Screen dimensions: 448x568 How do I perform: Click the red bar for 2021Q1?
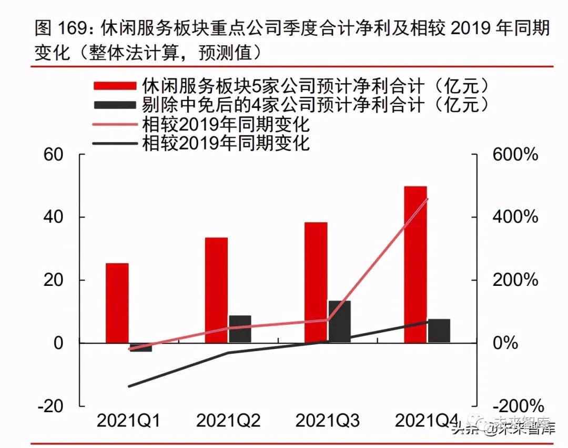(x=117, y=303)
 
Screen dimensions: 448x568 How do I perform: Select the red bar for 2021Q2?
(x=216, y=290)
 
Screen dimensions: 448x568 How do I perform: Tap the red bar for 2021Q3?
(x=316, y=282)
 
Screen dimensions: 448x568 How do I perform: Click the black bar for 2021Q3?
(x=339, y=322)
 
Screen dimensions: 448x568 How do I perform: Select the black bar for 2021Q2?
(x=240, y=329)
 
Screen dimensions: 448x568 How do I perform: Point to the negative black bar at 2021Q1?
(x=140, y=347)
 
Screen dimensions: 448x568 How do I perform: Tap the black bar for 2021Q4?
(x=439, y=331)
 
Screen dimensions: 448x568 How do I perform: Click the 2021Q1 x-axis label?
(x=129, y=421)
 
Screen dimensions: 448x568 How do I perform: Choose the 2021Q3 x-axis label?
(x=328, y=421)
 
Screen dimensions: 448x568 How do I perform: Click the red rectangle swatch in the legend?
(x=114, y=86)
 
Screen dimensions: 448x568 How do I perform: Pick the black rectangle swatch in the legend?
(x=114, y=104)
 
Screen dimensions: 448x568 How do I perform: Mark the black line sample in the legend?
(x=114, y=143)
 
